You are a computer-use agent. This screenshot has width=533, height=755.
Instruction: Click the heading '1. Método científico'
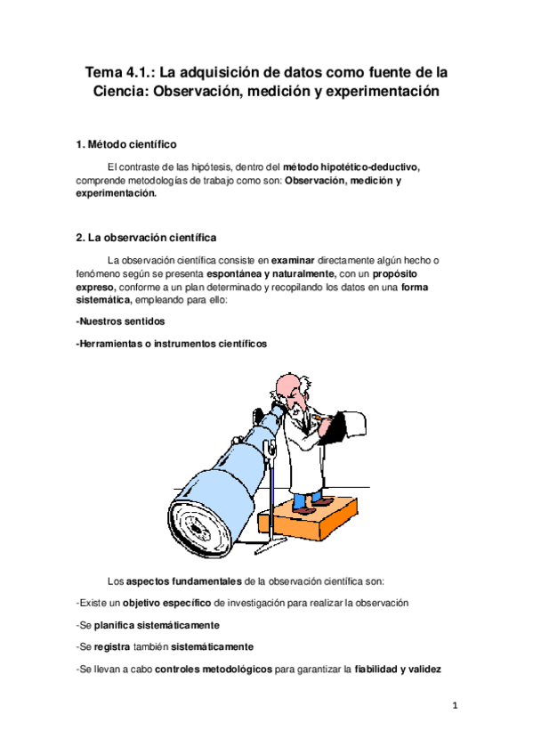[126, 144]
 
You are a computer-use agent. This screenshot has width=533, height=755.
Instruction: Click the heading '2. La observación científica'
[146, 238]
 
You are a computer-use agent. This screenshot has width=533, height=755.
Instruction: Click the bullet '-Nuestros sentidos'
[120, 321]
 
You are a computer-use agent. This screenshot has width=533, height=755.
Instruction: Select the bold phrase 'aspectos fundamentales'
[182, 581]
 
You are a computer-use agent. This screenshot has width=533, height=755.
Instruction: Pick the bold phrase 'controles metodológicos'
[214, 669]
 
